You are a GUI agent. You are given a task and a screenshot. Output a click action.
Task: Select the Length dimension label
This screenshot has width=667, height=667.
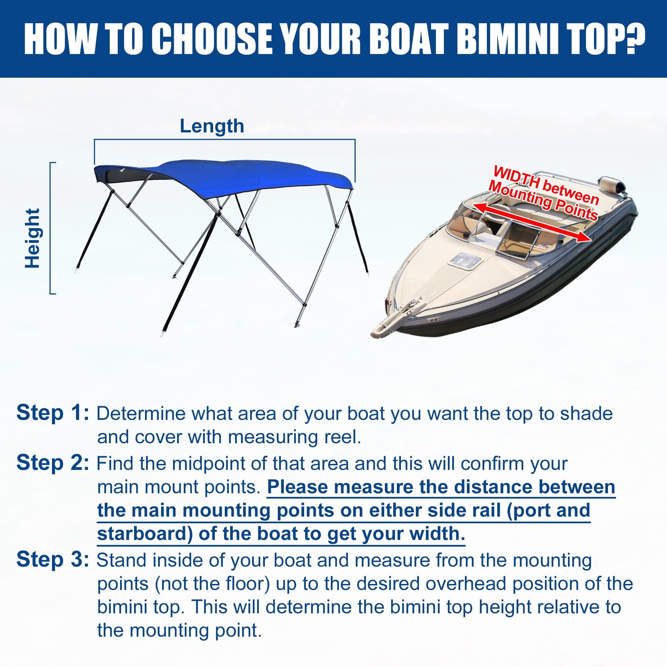click(x=212, y=126)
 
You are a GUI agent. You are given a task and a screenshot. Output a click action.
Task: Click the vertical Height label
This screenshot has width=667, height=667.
click(x=33, y=238)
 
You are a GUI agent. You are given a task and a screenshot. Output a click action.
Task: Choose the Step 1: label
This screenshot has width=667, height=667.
click(x=53, y=413)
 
